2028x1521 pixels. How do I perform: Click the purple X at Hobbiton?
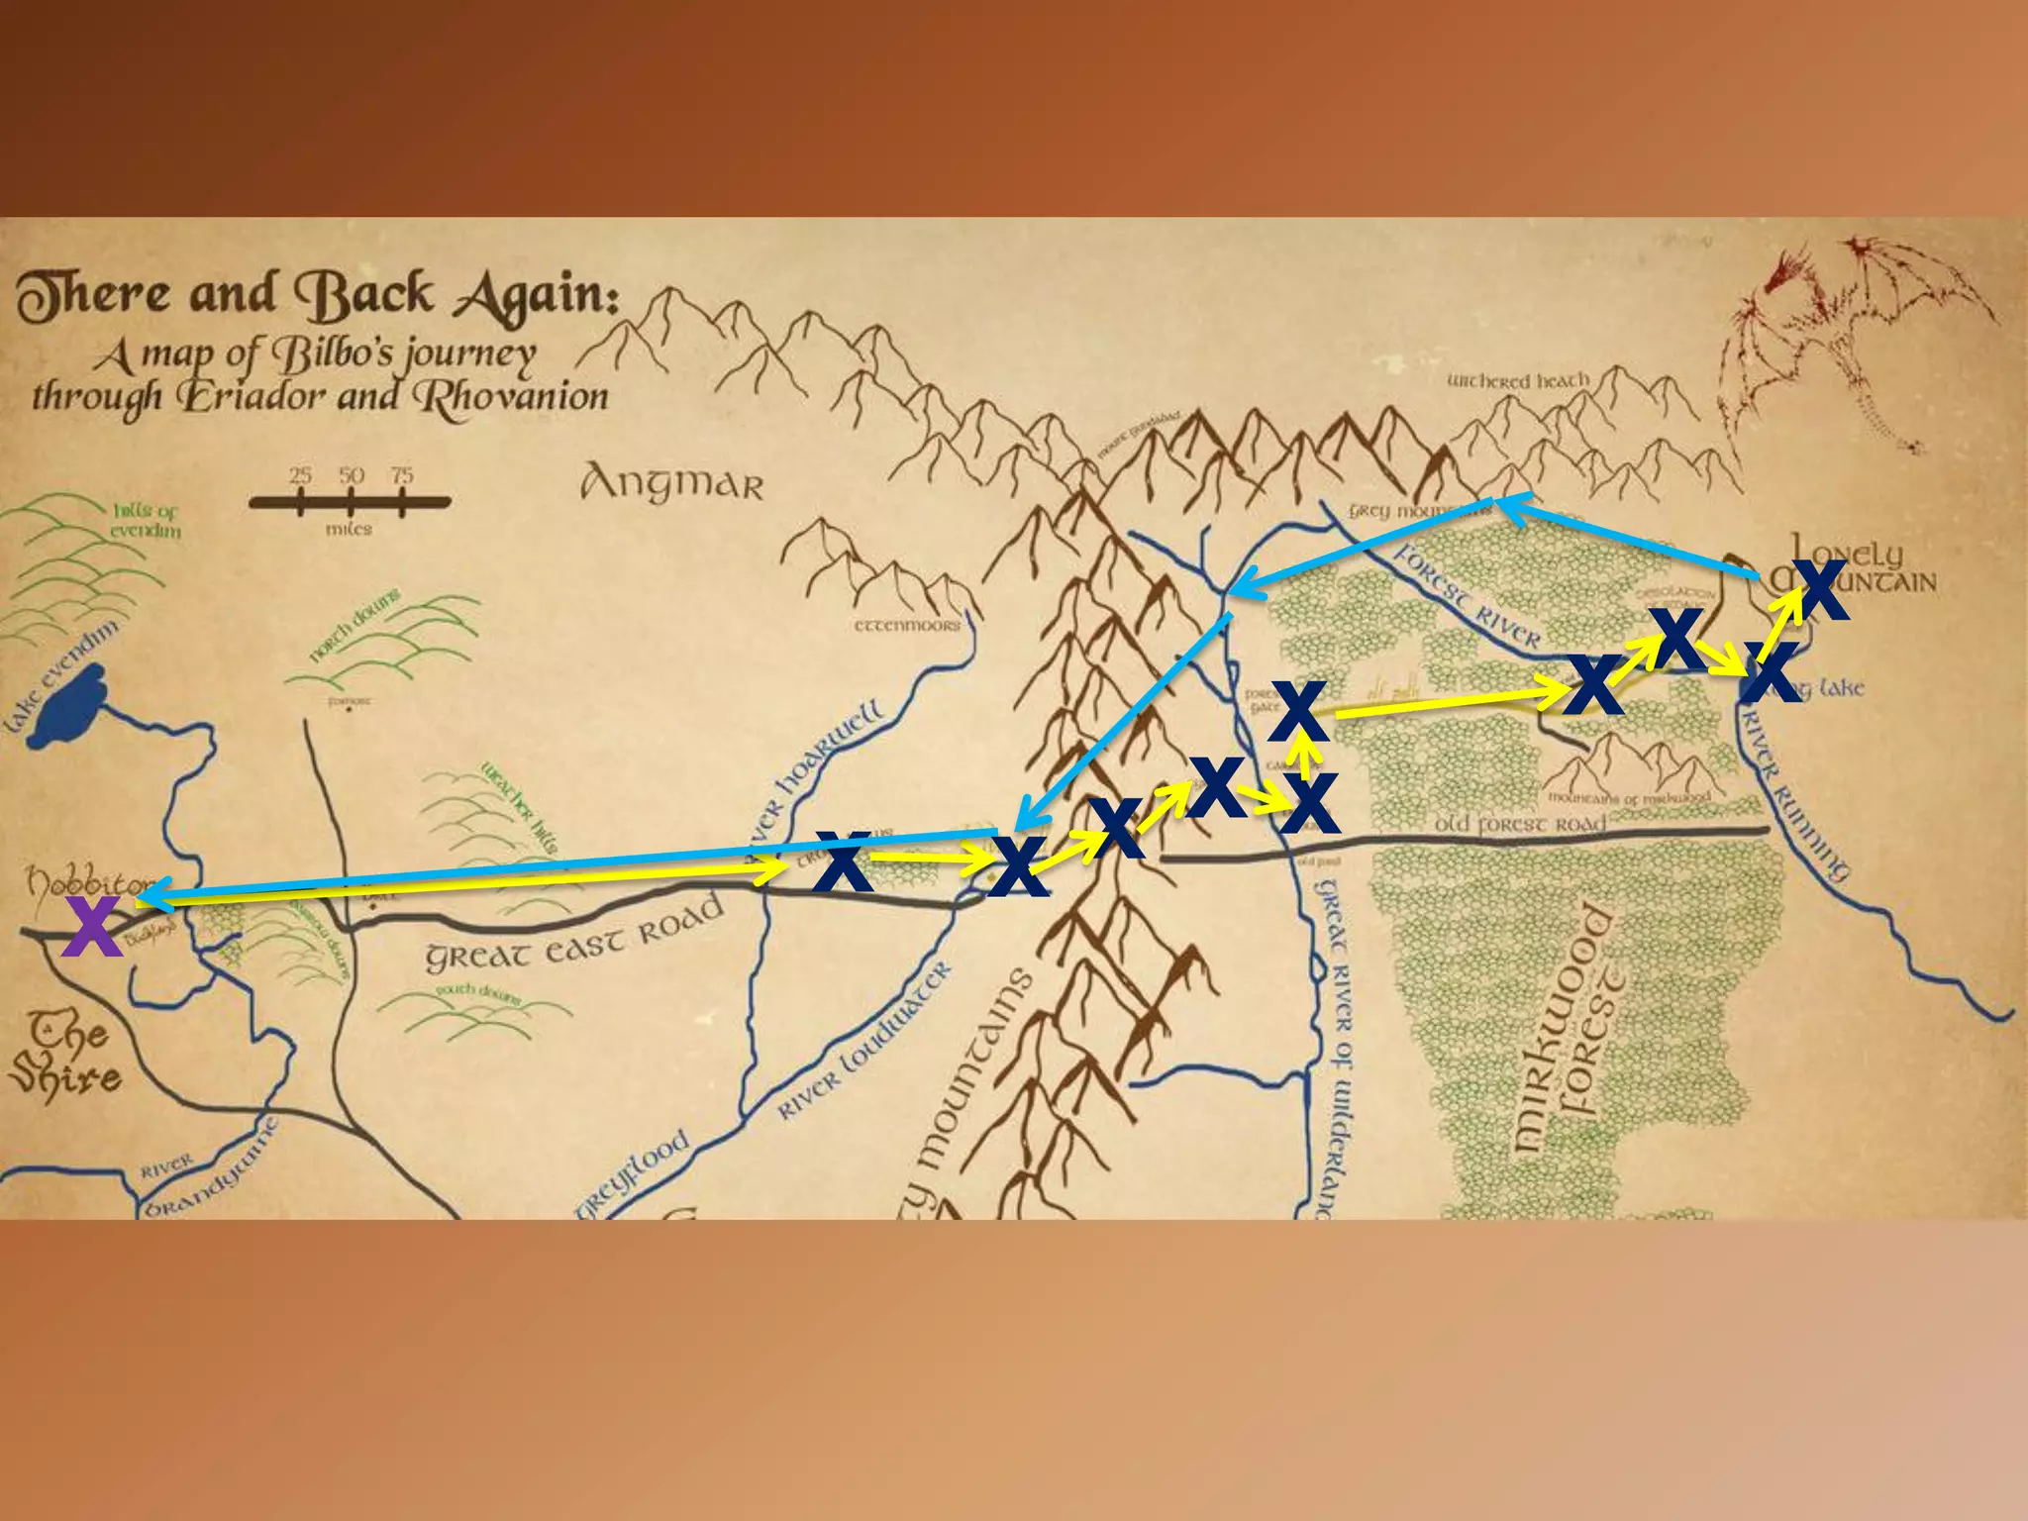point(91,926)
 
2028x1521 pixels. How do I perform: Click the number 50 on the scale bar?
point(352,475)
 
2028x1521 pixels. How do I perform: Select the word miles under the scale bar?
point(349,530)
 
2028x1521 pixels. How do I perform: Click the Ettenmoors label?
point(907,626)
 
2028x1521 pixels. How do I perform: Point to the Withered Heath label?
point(1518,381)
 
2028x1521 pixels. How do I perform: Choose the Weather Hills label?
point(520,807)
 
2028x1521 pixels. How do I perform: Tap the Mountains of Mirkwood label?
point(1629,798)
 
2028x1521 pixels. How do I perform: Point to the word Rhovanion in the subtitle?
point(511,397)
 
